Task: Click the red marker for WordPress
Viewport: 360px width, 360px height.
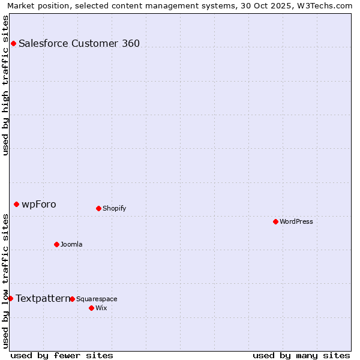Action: point(275,221)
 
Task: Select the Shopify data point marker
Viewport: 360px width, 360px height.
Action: point(98,208)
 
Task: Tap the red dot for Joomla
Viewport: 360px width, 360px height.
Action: point(56,244)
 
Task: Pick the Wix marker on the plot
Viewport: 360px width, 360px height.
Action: point(91,308)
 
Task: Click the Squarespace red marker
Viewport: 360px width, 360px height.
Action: point(72,299)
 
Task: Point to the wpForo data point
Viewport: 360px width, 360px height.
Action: point(16,204)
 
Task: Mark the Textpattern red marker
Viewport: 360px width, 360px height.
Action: point(10,298)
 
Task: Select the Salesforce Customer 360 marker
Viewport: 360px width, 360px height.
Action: point(13,43)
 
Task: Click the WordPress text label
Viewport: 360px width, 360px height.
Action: point(296,221)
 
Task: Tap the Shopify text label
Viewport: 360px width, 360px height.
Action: point(114,208)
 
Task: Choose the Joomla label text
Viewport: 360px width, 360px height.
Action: point(71,244)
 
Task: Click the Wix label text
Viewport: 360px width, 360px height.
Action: point(101,308)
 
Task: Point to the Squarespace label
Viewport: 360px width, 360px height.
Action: point(97,299)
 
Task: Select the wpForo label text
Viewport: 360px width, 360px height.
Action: point(39,204)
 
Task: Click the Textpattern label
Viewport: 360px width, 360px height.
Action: point(43,298)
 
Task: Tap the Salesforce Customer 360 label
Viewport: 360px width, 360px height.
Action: point(79,43)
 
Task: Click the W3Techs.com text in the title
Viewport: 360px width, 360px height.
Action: point(323,5)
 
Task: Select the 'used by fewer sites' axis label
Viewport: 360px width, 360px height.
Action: point(62,355)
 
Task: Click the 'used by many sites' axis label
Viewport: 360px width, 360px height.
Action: point(301,355)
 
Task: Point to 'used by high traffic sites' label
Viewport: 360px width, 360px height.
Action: point(5,85)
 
